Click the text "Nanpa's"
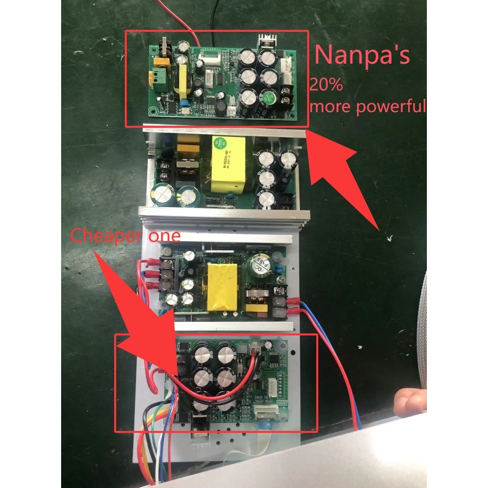coord(362,55)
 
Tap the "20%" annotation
coord(327,85)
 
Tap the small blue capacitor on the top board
coord(186,103)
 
